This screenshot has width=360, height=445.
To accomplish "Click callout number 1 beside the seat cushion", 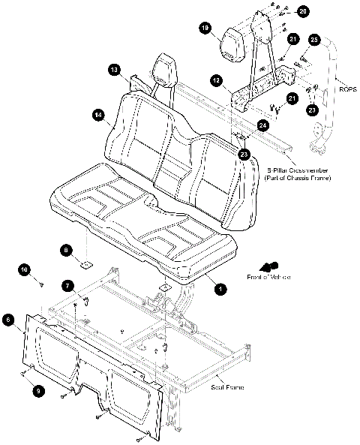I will click(220, 288).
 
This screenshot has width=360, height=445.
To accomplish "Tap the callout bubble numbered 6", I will click(8, 320).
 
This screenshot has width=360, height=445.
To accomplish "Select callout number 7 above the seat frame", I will click(67, 286).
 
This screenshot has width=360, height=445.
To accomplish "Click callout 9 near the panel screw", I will click(38, 389).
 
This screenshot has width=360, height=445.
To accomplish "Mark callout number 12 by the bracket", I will click(215, 80).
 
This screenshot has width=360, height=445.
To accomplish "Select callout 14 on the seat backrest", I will click(97, 115).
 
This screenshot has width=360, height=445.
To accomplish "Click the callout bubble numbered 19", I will click(204, 29).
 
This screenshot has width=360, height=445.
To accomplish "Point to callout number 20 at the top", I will click(302, 11).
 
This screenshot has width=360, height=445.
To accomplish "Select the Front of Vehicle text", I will click(269, 278).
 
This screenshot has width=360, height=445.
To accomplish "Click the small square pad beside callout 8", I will click(86, 263).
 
